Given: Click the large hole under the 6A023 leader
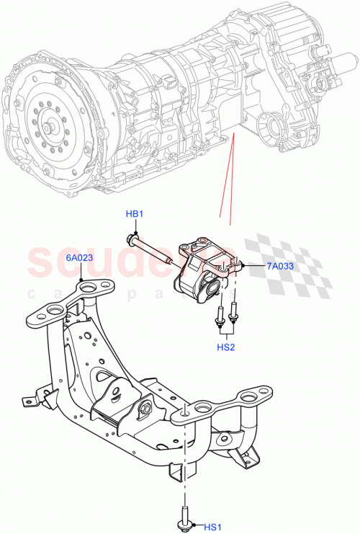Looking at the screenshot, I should point(86,289).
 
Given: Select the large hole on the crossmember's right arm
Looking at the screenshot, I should point(252,397).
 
